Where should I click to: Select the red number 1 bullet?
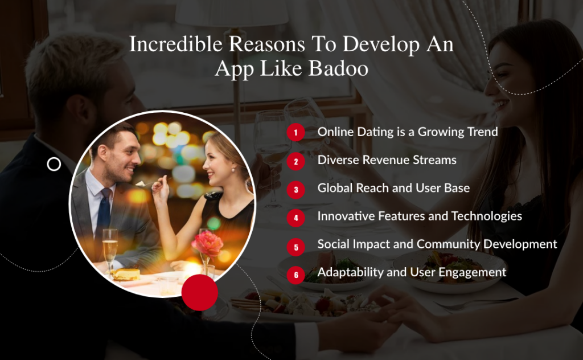[295, 133]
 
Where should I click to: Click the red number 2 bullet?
[295, 161]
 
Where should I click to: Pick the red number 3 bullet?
[295, 189]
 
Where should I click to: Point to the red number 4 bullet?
[295, 218]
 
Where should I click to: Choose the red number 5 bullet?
[295, 247]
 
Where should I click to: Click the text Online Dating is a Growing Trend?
[408, 132]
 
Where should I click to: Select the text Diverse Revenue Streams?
[387, 160]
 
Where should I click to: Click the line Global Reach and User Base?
[393, 188]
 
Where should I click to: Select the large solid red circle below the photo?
[200, 292]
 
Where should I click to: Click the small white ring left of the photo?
[54, 165]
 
